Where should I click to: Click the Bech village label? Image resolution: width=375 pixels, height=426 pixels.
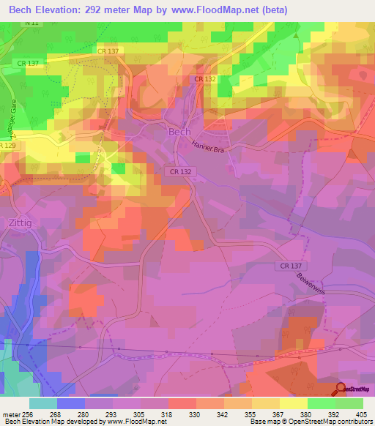179,132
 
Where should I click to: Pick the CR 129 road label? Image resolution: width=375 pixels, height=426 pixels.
7,147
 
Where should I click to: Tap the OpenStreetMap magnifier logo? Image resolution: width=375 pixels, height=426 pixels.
341,389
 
